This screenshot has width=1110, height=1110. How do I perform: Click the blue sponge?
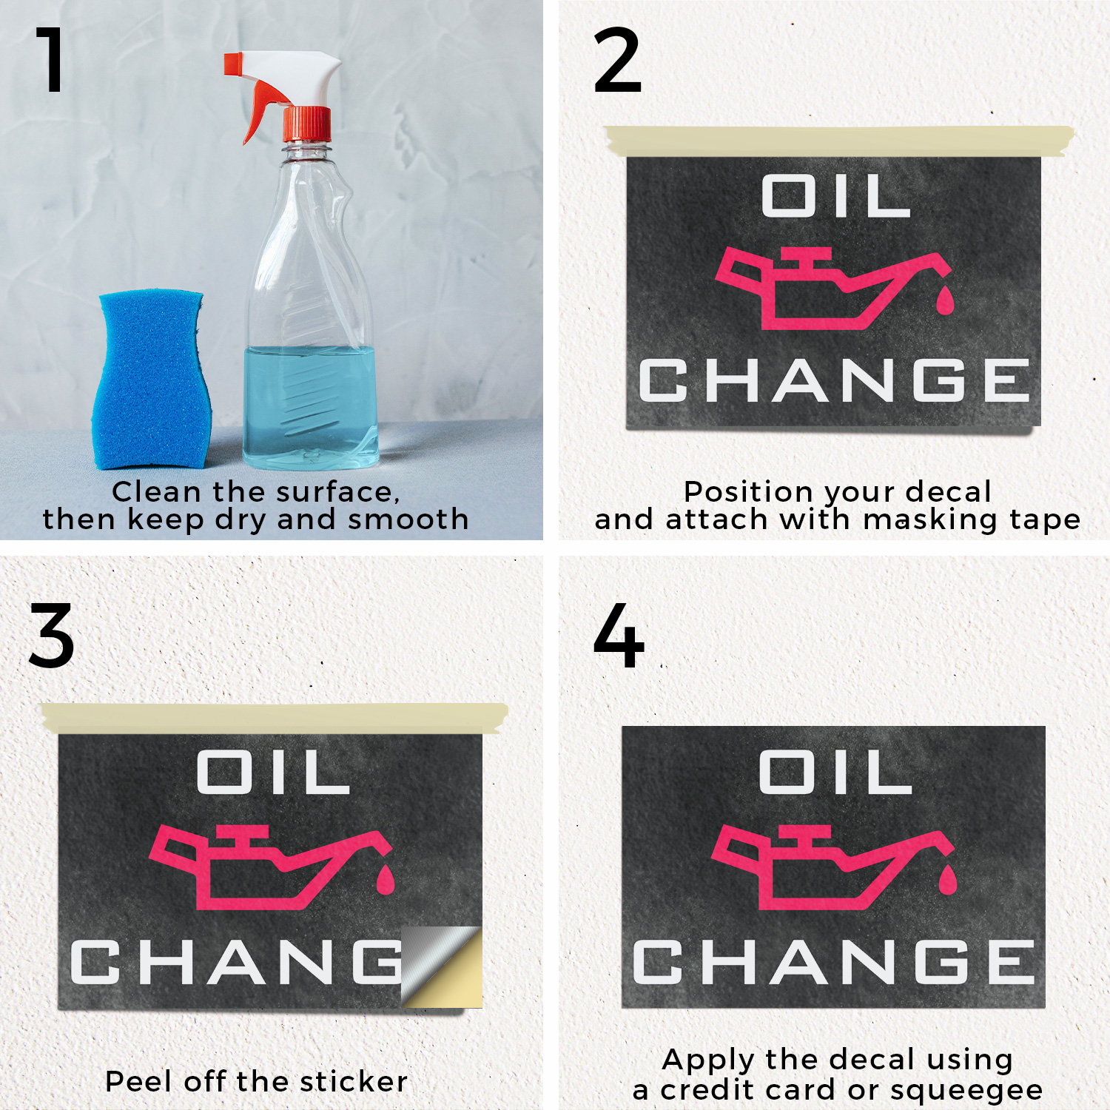pyautogui.click(x=151, y=379)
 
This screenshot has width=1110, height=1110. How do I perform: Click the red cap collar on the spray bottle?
pyautogui.click(x=306, y=124)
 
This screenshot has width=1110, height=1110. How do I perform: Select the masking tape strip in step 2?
pyautogui.click(x=838, y=141)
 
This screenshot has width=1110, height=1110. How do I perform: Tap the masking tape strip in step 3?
pyautogui.click(x=274, y=718)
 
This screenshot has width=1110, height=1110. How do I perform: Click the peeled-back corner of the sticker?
pyautogui.click(x=443, y=966)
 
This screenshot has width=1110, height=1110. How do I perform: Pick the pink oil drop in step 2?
pyautogui.click(x=945, y=299)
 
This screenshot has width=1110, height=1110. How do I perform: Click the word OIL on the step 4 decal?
pyautogui.click(x=835, y=772)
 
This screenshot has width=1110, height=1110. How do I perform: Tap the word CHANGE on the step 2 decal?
pyautogui.click(x=834, y=380)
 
